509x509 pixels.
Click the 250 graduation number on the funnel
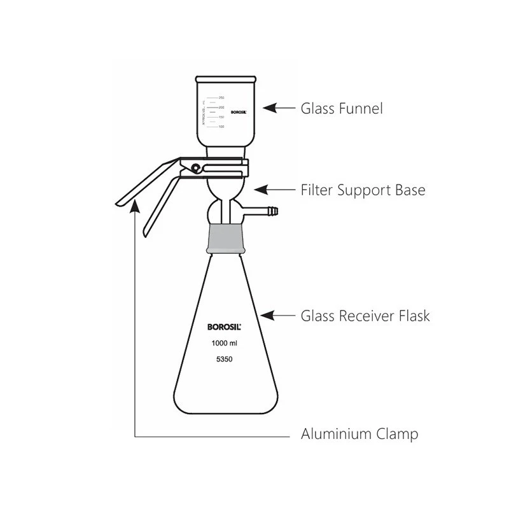(x=221, y=97)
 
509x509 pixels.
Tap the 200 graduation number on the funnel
(x=221, y=108)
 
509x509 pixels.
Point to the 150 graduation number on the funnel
(x=221, y=117)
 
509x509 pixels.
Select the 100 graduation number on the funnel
(x=221, y=127)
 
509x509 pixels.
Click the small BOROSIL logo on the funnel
(x=238, y=111)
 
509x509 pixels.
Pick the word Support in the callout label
(x=364, y=190)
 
